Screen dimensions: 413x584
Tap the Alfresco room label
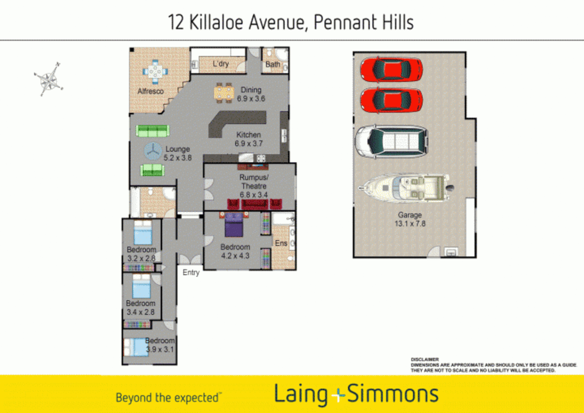point(151,91)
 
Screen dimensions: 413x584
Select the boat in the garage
point(406,187)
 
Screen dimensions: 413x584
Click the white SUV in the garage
point(391,141)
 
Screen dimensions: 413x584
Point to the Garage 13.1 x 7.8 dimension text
point(410,224)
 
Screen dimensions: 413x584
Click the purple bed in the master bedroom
point(234,225)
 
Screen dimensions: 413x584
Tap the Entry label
point(191,273)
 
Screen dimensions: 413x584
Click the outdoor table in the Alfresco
point(155,71)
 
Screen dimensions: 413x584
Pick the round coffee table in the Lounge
point(153,151)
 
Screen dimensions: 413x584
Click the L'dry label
point(221,64)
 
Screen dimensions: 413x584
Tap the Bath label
point(273,64)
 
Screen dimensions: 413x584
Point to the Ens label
point(281,243)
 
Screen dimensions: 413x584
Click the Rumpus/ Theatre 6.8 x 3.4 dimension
point(254,195)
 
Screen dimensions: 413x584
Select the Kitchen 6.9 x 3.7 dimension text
point(248,144)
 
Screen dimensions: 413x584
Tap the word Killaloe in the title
point(216,22)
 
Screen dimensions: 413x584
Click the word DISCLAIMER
point(425,359)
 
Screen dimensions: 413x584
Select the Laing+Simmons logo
point(356,394)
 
